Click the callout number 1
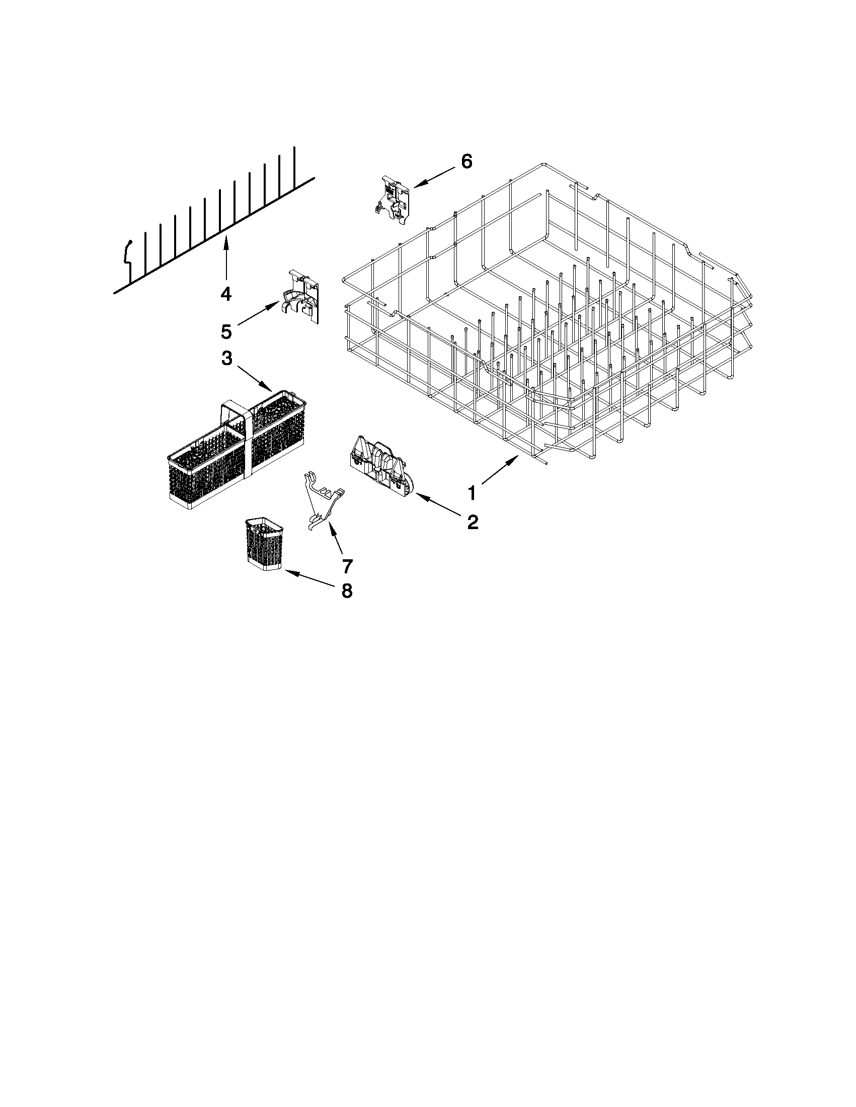[472, 492]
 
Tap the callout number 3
[226, 359]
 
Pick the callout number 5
[226, 332]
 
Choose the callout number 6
[466, 161]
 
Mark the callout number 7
[347, 565]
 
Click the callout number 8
[346, 590]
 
